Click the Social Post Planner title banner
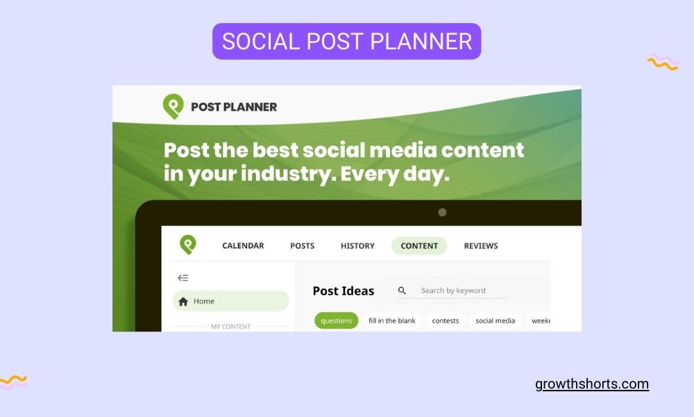click(346, 41)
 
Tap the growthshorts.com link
click(592, 384)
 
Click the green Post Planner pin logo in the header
click(173, 106)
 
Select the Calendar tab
click(243, 245)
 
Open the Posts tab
click(302, 245)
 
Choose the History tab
click(357, 245)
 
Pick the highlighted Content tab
click(419, 245)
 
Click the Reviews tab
click(481, 245)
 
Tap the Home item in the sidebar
click(230, 301)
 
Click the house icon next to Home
click(183, 302)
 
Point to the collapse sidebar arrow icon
click(183, 278)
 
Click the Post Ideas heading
click(344, 291)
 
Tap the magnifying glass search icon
click(402, 291)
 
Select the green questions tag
click(337, 320)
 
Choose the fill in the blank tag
click(392, 320)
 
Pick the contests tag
click(446, 320)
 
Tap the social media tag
click(496, 320)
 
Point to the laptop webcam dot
click(442, 213)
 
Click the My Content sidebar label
click(231, 326)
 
